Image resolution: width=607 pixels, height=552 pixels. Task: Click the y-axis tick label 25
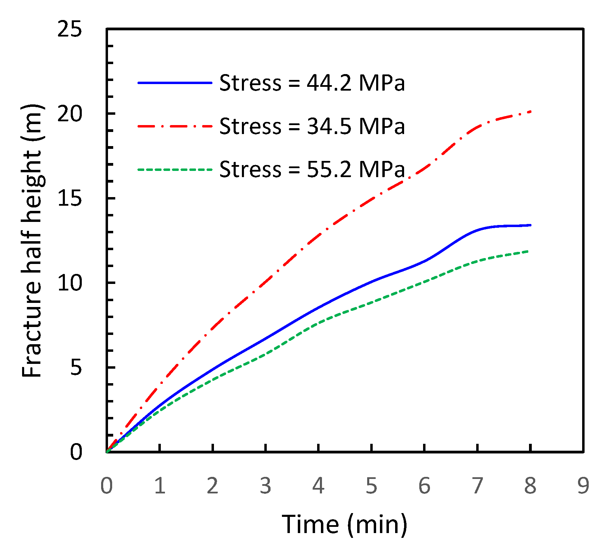[x=70, y=29]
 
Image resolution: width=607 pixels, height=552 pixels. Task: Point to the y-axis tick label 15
[x=70, y=198]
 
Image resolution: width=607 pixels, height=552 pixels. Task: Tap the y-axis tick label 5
[x=76, y=367]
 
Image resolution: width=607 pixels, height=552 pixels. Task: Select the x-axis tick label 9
[x=583, y=486]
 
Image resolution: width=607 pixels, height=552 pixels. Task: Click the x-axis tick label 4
[x=318, y=486]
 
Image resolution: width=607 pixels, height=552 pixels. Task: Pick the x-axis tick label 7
[x=477, y=486]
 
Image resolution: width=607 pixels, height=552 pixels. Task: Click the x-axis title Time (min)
[x=345, y=524]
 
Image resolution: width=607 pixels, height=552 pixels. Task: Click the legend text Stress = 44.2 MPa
[x=312, y=83]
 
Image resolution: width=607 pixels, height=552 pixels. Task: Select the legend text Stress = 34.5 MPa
[x=312, y=126]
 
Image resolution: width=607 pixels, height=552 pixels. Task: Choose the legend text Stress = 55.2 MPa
[x=312, y=170]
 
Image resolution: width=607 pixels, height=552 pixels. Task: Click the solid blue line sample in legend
[x=175, y=83]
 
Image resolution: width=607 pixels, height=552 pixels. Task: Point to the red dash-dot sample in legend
[x=175, y=126]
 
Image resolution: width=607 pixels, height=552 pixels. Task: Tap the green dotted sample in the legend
[x=175, y=170]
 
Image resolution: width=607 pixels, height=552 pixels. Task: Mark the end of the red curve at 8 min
[x=530, y=112]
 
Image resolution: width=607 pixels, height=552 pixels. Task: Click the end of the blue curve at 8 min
[x=530, y=225]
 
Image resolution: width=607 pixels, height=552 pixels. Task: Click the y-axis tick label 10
[x=70, y=283]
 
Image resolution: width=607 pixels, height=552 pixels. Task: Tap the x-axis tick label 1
[x=159, y=486]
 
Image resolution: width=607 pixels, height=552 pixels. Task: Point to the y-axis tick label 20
[x=70, y=114]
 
